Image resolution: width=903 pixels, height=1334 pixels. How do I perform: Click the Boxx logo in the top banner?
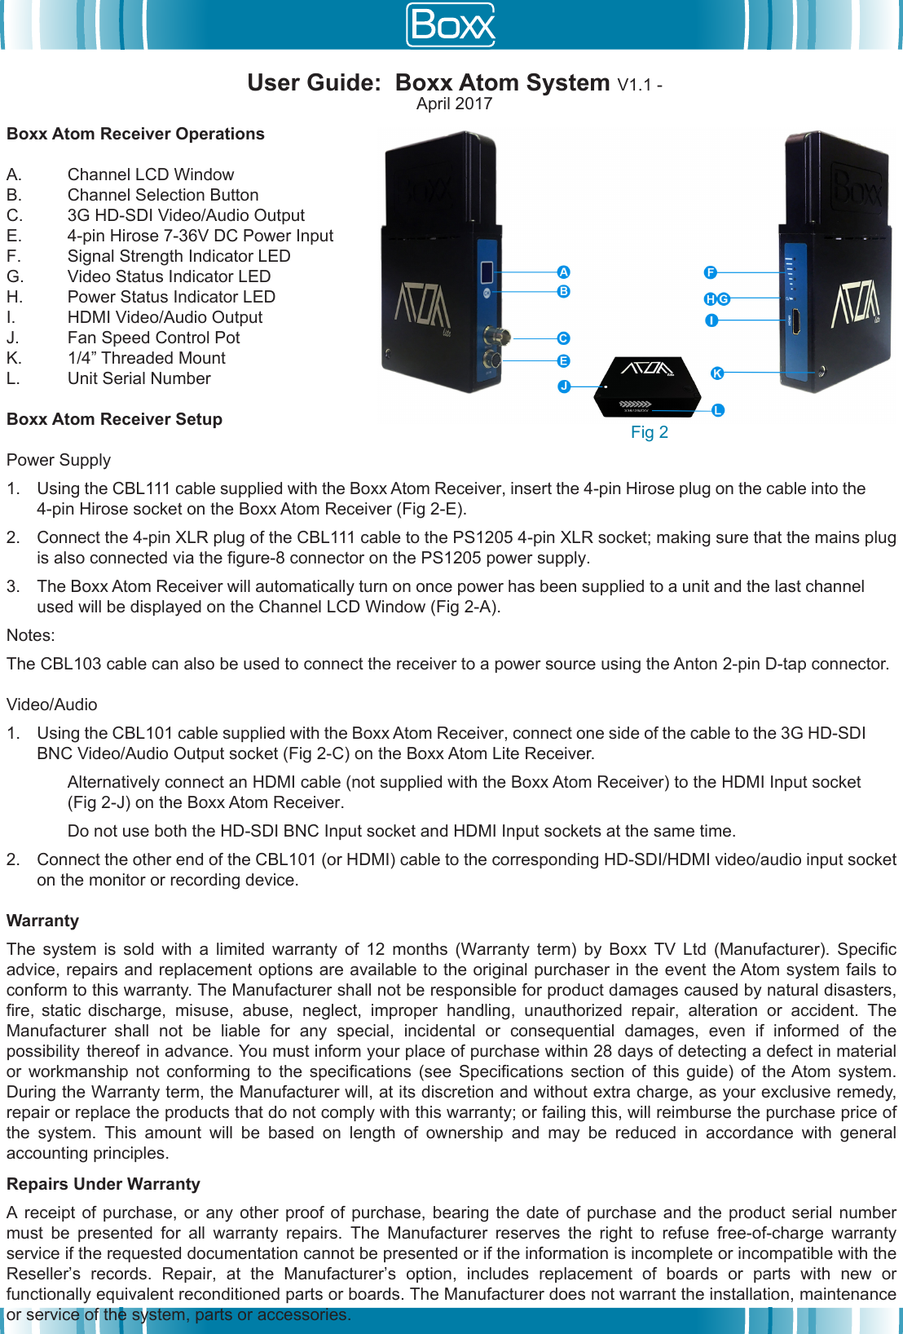click(451, 25)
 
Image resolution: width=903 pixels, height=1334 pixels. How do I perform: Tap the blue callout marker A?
click(563, 272)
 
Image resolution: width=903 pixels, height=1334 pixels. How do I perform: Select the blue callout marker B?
click(563, 292)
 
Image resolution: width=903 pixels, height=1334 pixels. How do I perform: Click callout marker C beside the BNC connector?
click(563, 338)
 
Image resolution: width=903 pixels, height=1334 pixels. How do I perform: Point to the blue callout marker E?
click(563, 361)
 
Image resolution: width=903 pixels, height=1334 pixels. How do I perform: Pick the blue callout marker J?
click(564, 387)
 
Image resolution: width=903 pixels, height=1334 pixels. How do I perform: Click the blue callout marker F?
click(711, 272)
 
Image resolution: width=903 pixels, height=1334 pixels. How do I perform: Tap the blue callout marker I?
click(711, 320)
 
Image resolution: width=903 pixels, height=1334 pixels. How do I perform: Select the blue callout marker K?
click(717, 373)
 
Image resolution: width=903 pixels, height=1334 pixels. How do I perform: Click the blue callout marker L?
click(717, 410)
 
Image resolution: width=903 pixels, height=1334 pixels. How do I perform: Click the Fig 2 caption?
click(649, 432)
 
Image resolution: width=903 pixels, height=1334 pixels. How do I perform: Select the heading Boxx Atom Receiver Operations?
click(135, 134)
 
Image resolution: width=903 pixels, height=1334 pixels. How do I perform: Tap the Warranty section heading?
click(42, 921)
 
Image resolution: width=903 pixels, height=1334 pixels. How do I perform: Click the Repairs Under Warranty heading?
click(104, 1184)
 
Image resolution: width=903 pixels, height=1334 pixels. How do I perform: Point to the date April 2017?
click(454, 104)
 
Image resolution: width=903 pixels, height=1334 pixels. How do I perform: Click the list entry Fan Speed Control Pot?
click(153, 338)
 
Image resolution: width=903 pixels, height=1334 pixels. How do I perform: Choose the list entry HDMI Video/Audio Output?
click(165, 317)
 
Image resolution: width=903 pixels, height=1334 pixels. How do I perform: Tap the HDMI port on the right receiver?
click(795, 320)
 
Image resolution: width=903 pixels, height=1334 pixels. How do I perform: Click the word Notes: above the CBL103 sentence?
click(31, 635)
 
